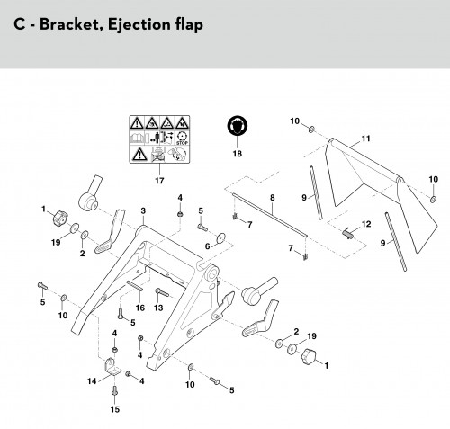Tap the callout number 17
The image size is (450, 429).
[159, 181]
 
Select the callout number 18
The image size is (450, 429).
[237, 154]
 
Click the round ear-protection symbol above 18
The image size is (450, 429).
[238, 125]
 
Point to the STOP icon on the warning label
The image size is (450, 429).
[182, 139]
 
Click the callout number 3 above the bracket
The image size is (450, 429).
[143, 210]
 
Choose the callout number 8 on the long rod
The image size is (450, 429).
[272, 198]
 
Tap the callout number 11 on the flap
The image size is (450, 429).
[365, 139]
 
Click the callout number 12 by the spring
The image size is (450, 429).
[366, 224]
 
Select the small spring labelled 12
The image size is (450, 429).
[347, 233]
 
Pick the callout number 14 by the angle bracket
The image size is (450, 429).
[92, 381]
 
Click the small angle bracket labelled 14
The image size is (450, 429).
[112, 366]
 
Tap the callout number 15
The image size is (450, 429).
[115, 409]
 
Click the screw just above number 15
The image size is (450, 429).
[114, 390]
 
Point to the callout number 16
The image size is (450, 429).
[140, 308]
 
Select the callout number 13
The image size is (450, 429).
[158, 308]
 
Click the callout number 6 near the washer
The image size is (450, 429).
[207, 246]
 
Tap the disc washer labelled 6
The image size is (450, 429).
[221, 237]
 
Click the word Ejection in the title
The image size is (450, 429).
[137, 24]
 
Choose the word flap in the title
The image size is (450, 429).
[186, 24]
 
